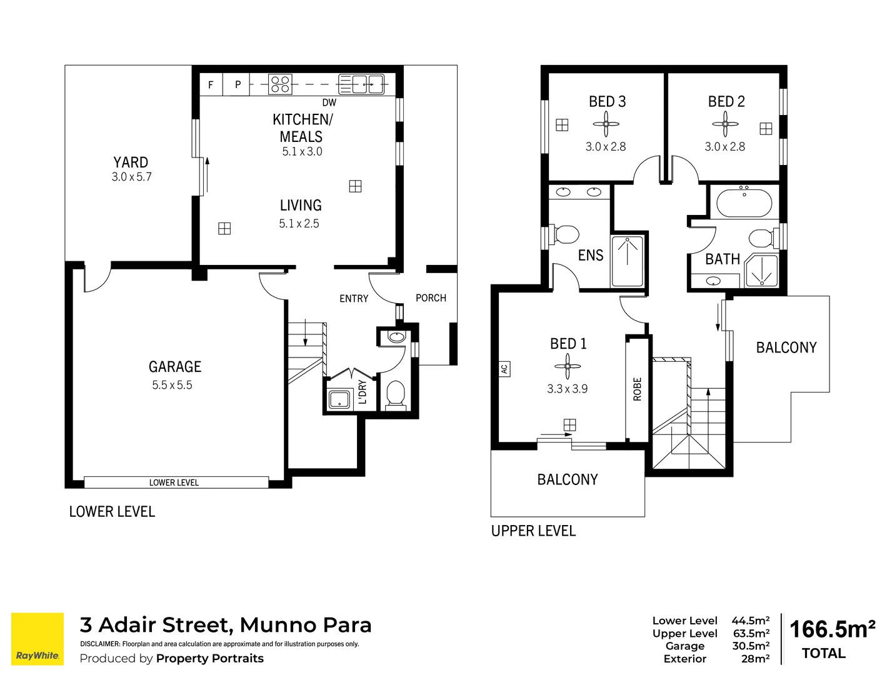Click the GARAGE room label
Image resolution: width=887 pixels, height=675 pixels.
[175, 367]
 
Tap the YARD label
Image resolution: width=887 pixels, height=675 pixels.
[131, 162]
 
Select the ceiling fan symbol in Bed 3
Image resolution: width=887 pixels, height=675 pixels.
[606, 124]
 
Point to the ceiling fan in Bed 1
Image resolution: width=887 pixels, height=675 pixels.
[568, 366]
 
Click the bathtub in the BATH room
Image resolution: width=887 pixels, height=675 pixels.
[744, 203]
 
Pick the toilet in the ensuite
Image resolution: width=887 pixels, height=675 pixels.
[565, 235]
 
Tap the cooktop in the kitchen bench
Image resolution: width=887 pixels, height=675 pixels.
[281, 84]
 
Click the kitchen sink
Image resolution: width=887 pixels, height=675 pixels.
[361, 84]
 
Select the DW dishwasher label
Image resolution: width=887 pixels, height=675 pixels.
[329, 102]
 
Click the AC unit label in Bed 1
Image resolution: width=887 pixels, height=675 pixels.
[504, 369]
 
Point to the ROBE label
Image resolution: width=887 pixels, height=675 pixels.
[638, 389]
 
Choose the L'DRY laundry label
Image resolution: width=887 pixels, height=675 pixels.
[363, 392]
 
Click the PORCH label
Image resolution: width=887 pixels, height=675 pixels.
[431, 298]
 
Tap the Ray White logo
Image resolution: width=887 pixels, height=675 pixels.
[38, 639]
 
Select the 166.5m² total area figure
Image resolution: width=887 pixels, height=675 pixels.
[832, 629]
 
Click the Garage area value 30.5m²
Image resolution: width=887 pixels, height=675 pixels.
[751, 646]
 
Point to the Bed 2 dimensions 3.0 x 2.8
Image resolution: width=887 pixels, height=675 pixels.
[725, 147]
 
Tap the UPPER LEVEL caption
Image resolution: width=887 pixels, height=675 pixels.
[533, 531]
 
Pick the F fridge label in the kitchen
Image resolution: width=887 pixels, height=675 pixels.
[211, 84]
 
